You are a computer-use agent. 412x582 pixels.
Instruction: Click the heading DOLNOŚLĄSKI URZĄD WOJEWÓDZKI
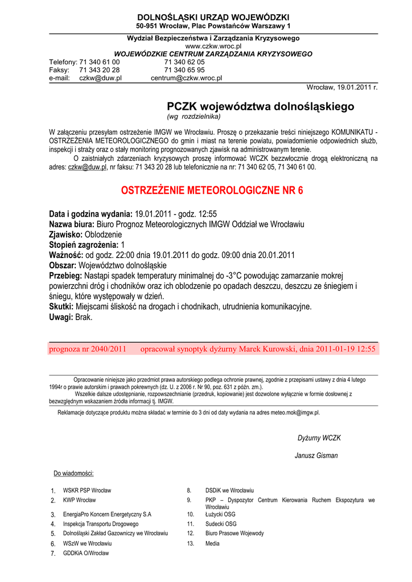213,18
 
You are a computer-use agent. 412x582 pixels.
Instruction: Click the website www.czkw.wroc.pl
213,46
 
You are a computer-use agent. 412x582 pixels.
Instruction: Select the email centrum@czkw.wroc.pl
186,78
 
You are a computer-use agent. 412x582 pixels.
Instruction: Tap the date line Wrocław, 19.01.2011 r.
342,88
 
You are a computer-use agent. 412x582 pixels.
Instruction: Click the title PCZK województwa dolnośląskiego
260,106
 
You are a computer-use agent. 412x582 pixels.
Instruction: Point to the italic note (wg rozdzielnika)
193,117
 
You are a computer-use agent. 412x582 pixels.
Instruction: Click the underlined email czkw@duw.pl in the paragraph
87,168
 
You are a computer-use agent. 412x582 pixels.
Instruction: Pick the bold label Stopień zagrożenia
84,244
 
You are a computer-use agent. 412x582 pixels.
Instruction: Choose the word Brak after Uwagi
84,317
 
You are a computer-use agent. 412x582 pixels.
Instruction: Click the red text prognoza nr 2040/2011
88,349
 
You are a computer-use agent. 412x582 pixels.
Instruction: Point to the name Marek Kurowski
268,349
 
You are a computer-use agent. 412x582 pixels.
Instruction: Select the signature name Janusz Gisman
316,455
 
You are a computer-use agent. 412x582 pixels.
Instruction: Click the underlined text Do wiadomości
73,473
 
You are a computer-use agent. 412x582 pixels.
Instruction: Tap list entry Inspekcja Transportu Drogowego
101,524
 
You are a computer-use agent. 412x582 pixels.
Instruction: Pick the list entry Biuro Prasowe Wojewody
234,533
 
